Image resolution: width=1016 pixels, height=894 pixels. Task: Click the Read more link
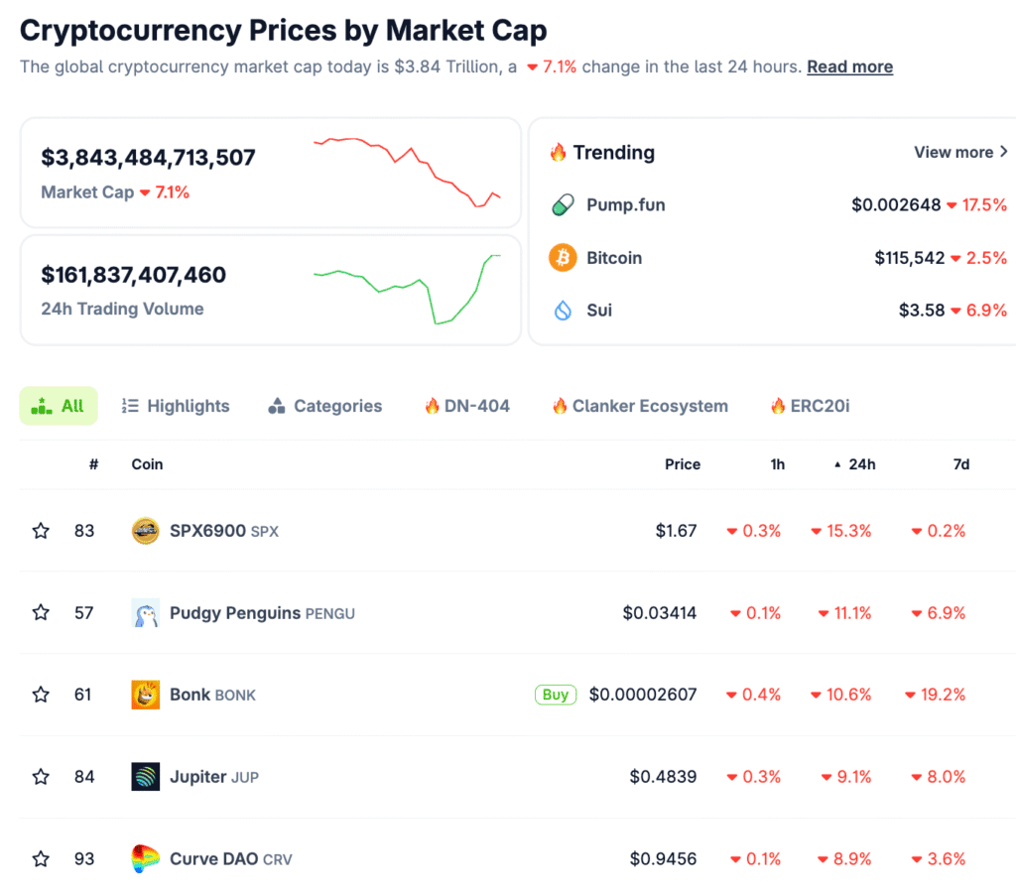[849, 66]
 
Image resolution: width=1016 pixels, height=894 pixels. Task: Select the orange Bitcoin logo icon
[563, 258]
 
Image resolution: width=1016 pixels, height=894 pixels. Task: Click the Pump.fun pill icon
[563, 205]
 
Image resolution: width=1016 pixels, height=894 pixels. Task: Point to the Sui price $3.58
[921, 311]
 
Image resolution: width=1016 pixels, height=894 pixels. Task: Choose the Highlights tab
[176, 406]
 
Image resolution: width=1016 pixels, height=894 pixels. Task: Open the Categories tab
[325, 406]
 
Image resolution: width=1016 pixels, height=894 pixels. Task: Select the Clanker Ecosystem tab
[640, 406]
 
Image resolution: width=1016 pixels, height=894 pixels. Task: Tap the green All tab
[59, 406]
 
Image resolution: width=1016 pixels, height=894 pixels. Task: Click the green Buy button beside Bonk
[556, 695]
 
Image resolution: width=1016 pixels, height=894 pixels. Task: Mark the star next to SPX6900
[41, 531]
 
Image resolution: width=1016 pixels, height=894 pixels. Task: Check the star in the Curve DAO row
[41, 858]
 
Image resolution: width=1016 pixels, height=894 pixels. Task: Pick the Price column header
[683, 464]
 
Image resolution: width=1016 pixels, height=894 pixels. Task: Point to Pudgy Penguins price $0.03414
[660, 613]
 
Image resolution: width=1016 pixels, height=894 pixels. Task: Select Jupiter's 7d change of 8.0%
[941, 777]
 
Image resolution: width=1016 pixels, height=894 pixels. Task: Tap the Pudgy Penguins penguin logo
[146, 613]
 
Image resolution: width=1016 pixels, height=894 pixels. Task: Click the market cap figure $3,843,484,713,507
[148, 157]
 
